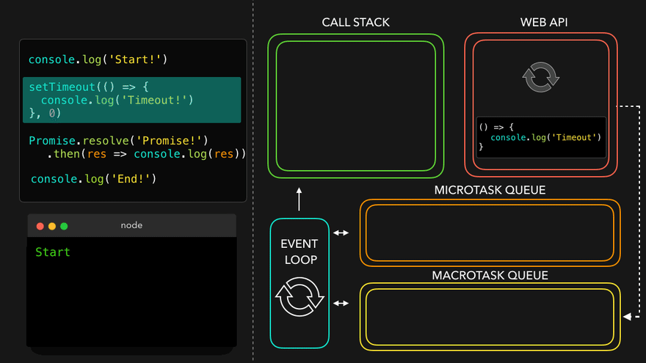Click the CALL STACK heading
pos(355,22)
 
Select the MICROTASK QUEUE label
pos(490,191)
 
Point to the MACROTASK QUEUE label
pos(490,276)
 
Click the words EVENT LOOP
pos(300,252)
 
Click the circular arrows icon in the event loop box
pos(300,297)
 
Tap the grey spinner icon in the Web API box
pos(540,77)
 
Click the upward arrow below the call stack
pos(300,198)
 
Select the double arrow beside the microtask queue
pos(341,233)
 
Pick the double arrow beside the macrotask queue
pos(341,302)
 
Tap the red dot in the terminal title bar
pos(40,226)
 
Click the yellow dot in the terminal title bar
pos(52,226)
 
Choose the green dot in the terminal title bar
pos(64,226)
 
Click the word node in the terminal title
pos(131,225)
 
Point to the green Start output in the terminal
pos(53,252)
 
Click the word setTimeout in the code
pos(62,87)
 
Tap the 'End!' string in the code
pos(132,178)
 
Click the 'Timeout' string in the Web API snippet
pos(577,137)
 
